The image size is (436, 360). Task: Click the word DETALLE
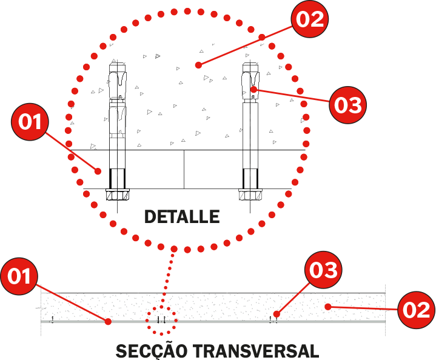(182, 216)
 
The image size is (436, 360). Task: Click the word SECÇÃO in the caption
(152, 351)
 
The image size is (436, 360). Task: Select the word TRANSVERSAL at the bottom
(256, 351)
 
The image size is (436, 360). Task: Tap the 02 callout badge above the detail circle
(310, 19)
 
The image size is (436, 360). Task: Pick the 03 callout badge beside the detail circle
(347, 105)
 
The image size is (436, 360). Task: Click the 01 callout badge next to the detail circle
(30, 122)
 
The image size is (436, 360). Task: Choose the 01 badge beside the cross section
(19, 276)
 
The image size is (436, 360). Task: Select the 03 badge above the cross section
(323, 270)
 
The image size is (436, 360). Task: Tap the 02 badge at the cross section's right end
(416, 310)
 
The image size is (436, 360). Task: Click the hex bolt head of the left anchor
(118, 195)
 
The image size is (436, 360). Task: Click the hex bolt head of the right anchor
(250, 195)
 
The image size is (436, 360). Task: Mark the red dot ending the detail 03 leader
(253, 90)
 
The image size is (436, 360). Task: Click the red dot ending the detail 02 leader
(198, 65)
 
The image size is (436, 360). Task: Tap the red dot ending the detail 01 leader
(98, 172)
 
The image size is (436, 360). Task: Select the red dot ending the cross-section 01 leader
(108, 322)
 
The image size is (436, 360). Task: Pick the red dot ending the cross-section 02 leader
(328, 307)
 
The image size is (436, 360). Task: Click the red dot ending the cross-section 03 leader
(277, 314)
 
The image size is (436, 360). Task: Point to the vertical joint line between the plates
(184, 169)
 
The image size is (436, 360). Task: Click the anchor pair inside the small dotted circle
(161, 319)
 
